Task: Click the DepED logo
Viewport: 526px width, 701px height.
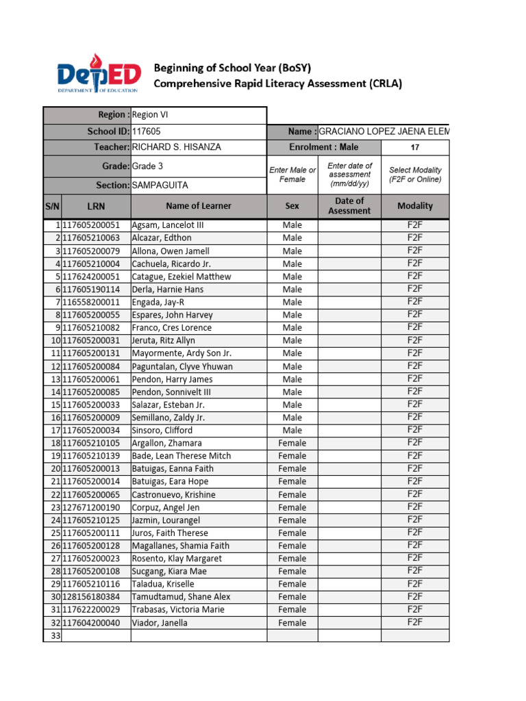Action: pos(99,76)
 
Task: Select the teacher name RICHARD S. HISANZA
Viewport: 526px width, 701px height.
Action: pos(176,147)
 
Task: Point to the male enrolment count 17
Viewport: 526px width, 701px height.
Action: pos(414,147)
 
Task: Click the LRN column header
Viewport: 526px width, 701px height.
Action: pos(97,205)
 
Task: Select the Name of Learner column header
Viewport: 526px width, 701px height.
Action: pos(198,205)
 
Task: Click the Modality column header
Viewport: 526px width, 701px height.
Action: pos(414,205)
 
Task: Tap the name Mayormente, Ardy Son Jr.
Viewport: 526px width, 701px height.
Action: pos(181,353)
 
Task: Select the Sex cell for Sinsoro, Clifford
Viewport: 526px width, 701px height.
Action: pos(292,431)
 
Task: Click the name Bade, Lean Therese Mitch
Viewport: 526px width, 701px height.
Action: pos(181,456)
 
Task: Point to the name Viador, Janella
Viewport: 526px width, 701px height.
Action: pos(160,623)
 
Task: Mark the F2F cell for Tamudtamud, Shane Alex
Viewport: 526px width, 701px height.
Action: pos(414,596)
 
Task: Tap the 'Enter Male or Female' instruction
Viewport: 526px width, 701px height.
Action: pos(292,175)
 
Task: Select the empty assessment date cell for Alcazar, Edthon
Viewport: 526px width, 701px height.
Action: pos(349,238)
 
